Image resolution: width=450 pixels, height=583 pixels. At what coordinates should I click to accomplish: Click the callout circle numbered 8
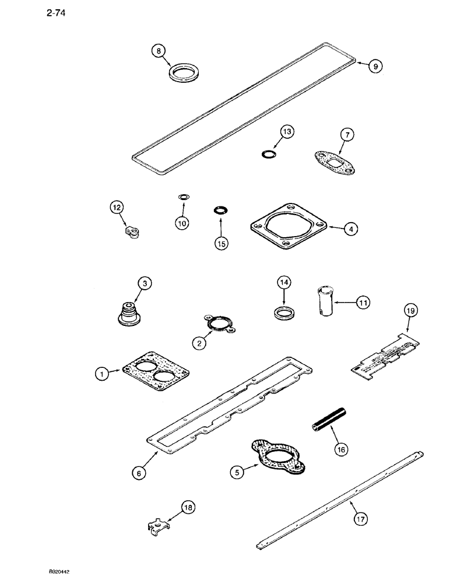click(158, 51)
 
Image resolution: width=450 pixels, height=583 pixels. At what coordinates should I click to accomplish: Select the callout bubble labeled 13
click(287, 132)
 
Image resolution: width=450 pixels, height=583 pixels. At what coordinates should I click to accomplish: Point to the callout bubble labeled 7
click(346, 135)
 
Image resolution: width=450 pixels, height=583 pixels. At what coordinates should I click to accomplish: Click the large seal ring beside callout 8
click(182, 75)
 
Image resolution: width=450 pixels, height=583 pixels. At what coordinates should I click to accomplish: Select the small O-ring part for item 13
click(269, 154)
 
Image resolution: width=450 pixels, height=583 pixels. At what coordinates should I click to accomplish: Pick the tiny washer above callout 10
click(183, 197)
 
